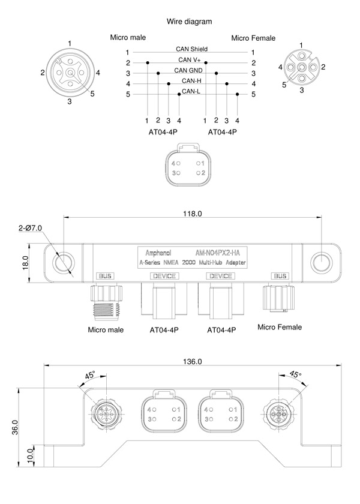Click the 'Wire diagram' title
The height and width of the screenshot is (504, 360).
[x=190, y=22]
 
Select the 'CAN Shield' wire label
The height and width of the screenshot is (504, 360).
[x=191, y=49]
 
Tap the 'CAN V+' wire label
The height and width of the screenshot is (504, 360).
[x=190, y=60]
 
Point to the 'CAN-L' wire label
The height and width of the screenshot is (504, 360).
[x=191, y=91]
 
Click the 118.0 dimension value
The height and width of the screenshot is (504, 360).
[x=193, y=214]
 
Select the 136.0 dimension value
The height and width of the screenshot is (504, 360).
[x=193, y=362]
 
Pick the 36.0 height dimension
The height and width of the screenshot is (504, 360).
[x=15, y=427]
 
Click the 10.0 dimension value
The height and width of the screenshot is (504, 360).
[x=30, y=456]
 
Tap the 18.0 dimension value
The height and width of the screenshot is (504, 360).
[x=26, y=263]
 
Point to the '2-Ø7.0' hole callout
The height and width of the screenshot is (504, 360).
[x=30, y=228]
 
